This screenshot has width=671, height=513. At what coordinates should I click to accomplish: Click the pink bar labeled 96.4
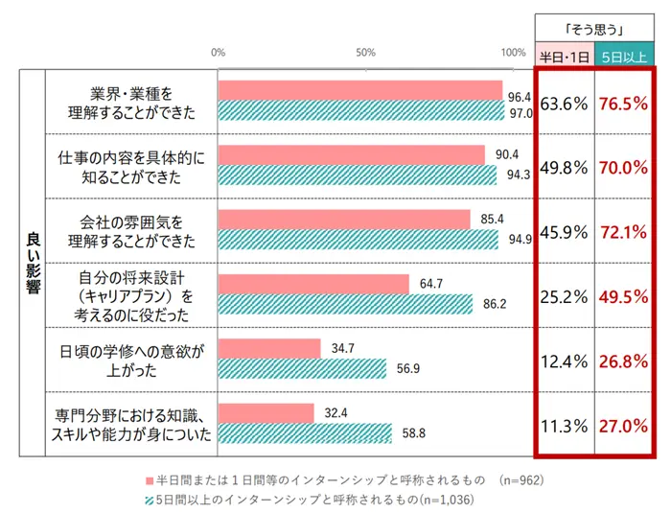(x=360, y=91)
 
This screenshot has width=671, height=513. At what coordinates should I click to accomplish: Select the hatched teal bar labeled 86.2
(x=345, y=304)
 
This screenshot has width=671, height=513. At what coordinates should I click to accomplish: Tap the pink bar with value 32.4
(x=266, y=412)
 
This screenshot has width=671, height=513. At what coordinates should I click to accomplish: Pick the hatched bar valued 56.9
(x=302, y=369)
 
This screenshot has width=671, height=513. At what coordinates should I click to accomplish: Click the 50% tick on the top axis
(x=365, y=53)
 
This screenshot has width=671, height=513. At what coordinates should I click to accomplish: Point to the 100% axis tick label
(x=513, y=53)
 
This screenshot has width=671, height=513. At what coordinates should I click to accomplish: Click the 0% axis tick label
(x=219, y=53)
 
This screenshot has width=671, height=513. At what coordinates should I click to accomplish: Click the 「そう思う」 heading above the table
(x=593, y=29)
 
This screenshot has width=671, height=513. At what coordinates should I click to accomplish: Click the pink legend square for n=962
(x=149, y=478)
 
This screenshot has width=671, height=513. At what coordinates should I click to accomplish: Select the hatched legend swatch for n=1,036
(x=149, y=499)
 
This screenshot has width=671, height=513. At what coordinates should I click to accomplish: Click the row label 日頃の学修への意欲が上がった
(x=129, y=360)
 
